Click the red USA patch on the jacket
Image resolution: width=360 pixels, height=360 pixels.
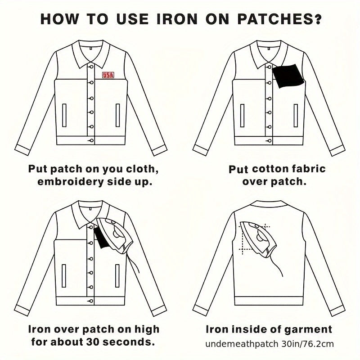[108, 75]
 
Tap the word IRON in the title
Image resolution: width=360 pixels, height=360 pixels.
[177, 19]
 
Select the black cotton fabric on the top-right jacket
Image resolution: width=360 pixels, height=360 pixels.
[288, 76]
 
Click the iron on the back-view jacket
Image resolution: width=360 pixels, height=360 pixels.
[258, 239]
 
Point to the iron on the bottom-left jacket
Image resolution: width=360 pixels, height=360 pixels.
[115, 235]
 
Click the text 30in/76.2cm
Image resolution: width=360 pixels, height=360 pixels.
[307, 344]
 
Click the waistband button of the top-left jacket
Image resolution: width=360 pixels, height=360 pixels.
[91, 140]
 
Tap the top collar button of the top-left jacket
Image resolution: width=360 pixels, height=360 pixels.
[91, 67]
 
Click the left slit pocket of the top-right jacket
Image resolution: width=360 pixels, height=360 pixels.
[242, 116]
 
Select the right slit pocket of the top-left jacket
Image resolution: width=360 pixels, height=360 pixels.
[118, 115]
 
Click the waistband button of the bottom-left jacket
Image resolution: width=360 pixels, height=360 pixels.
[91, 301]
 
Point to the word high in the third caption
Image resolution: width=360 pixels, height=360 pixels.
[147, 330]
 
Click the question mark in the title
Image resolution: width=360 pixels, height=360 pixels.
[317, 19]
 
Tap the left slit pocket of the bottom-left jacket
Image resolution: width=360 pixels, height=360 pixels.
[64, 276]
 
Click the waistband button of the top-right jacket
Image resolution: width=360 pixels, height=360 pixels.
[269, 140]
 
